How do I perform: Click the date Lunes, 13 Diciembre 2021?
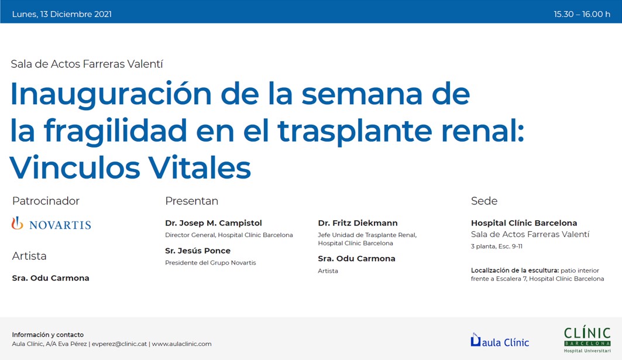click(x=62, y=14)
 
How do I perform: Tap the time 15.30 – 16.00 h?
click(x=582, y=14)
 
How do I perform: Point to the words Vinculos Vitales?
click(x=130, y=167)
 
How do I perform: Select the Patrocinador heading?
click(x=46, y=201)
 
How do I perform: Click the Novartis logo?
click(x=51, y=224)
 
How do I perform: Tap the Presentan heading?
click(x=191, y=201)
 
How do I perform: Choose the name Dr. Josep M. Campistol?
click(x=214, y=223)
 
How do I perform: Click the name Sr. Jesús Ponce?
click(x=198, y=251)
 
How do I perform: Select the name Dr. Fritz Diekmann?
click(x=358, y=223)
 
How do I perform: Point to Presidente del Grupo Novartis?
click(x=211, y=263)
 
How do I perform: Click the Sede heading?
click(x=484, y=201)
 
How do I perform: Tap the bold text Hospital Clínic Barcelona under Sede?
click(x=524, y=223)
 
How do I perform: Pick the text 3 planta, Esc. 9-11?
click(x=497, y=246)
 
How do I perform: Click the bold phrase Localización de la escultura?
click(x=515, y=270)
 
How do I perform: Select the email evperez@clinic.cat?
click(x=119, y=344)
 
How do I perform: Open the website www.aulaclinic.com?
click(x=181, y=344)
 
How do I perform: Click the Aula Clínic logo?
click(x=500, y=340)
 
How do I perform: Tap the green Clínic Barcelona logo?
click(x=587, y=340)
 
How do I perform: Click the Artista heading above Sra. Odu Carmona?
click(x=29, y=256)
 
